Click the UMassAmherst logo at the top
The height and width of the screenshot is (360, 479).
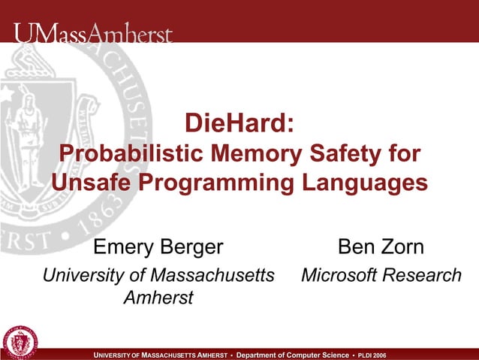tap(92, 34)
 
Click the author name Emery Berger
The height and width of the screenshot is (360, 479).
tap(158, 247)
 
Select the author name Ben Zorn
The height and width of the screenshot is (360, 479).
tap(381, 247)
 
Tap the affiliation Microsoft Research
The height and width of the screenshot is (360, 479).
tap(381, 275)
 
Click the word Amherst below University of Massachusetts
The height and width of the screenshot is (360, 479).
tap(158, 298)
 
